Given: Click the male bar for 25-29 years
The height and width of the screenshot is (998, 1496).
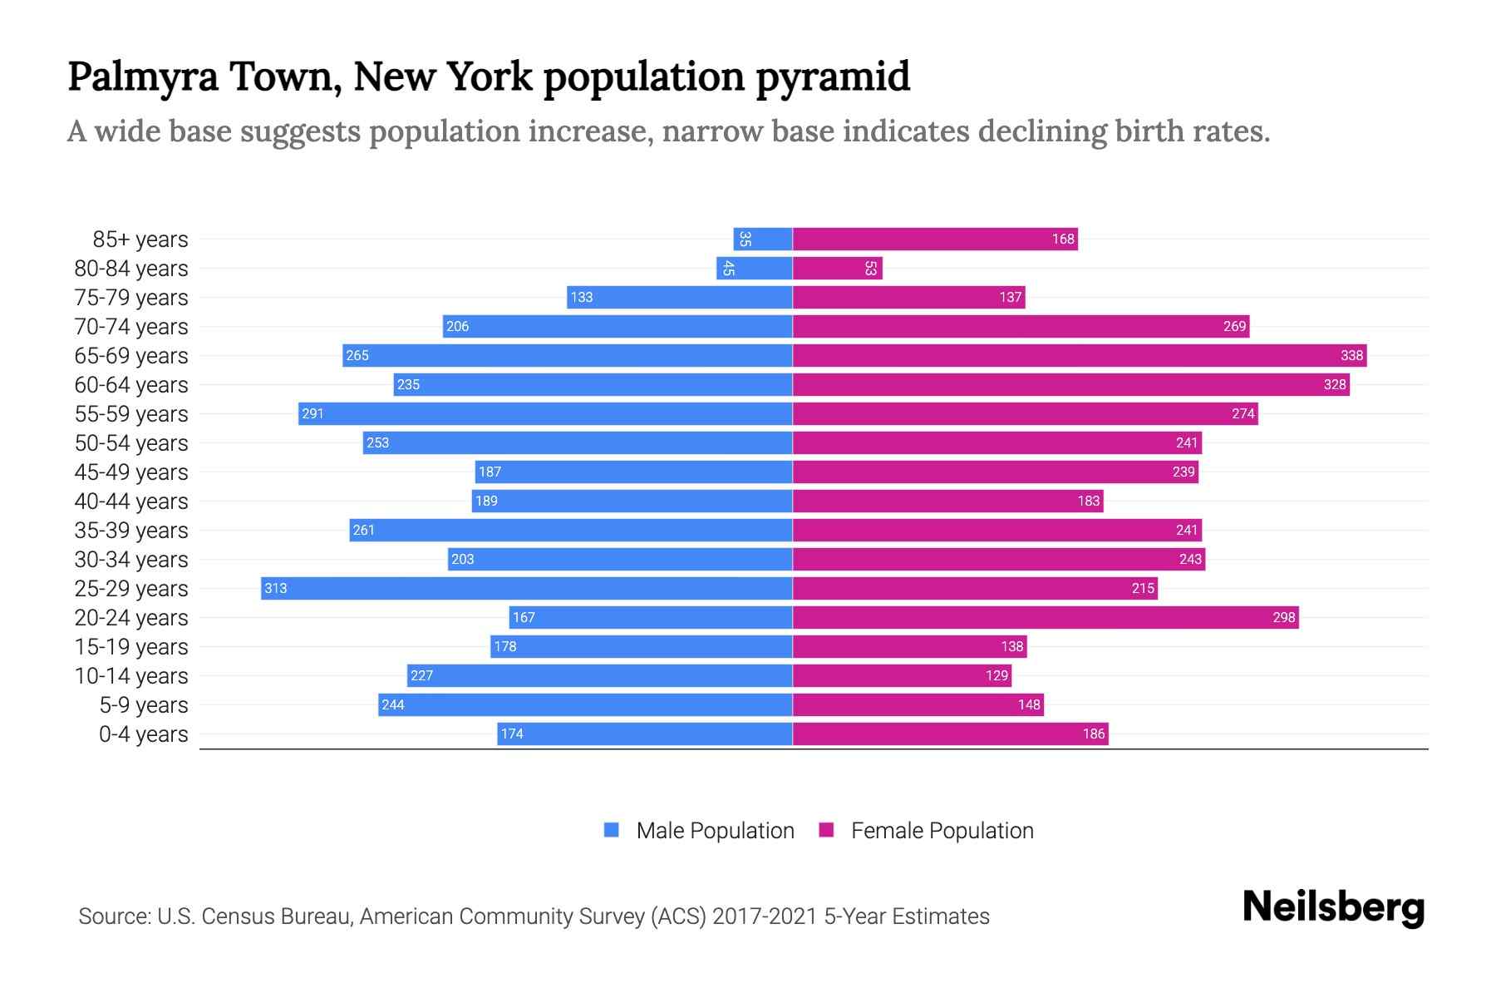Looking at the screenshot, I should pos(526,588).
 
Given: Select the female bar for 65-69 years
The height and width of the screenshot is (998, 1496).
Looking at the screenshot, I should pos(1079,355).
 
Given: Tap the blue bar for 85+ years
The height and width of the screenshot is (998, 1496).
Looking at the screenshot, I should pos(762,239).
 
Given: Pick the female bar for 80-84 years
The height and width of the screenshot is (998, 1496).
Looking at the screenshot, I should pos(837,268).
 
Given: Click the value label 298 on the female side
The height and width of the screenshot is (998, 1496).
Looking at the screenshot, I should pos(1283,617).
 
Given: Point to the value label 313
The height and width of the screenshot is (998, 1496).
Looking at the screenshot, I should pos(275,588).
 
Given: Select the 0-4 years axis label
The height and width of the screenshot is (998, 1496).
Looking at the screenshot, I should pos(143,734).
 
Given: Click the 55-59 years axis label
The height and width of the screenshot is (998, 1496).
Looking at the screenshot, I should pos(131,414).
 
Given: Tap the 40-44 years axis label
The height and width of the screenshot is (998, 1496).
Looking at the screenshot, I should pos(131,501).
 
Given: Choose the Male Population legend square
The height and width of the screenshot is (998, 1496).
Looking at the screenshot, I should pos(612,830).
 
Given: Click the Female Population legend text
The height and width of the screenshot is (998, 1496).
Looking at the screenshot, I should pos(942,830).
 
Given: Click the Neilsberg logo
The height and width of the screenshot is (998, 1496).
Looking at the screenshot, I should pos(1333,907).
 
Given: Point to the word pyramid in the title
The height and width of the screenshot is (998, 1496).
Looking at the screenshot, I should pos(833,77).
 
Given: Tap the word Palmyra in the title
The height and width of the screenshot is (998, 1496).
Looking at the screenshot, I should pos(142,77).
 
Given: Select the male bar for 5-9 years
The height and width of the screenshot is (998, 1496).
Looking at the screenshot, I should pos(585,704).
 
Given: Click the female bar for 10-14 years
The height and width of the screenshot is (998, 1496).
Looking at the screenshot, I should pos(902,675).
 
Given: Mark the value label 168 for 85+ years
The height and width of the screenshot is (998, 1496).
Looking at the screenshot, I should pos(1063,239).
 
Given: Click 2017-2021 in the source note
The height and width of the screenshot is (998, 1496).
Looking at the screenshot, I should pos(765,916).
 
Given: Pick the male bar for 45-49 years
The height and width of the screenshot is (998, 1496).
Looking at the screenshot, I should pos(633,472).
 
